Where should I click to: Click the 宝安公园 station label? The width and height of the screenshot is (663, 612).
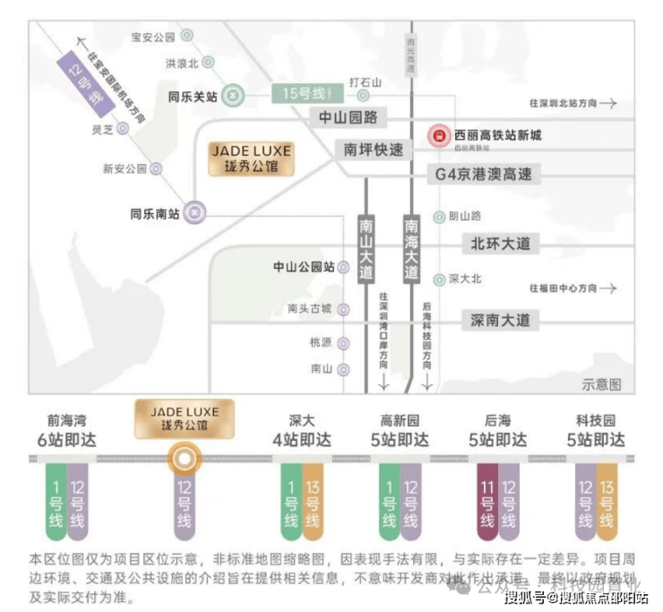coord(152,37)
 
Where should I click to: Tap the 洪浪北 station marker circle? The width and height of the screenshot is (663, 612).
coord(208,63)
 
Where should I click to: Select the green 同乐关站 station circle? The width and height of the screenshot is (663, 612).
coord(232,93)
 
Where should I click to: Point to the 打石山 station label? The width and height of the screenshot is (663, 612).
coord(365,82)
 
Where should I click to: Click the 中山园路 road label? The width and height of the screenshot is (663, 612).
coord(348,117)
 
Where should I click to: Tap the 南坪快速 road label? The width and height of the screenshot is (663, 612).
coord(374,149)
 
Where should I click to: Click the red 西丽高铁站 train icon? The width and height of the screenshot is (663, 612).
coord(439,136)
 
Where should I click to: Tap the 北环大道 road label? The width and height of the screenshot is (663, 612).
coord(500,243)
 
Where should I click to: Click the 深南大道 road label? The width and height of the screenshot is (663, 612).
coord(500,319)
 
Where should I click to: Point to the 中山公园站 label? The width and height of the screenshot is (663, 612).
coord(304,267)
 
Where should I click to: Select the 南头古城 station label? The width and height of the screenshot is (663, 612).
coord(309,308)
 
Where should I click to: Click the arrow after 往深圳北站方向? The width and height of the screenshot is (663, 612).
coord(608,104)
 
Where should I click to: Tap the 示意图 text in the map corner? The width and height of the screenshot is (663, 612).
coord(601,384)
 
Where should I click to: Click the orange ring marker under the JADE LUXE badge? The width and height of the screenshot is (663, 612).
coord(184,460)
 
